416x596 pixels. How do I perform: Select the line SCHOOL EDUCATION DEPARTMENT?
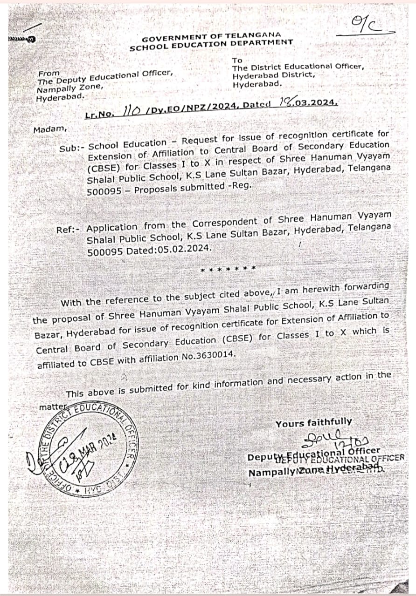211,45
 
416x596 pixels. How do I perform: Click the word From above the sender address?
49,73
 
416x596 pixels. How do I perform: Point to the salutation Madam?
50,129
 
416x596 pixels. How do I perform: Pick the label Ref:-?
70,230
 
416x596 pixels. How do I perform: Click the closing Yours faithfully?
313,423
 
